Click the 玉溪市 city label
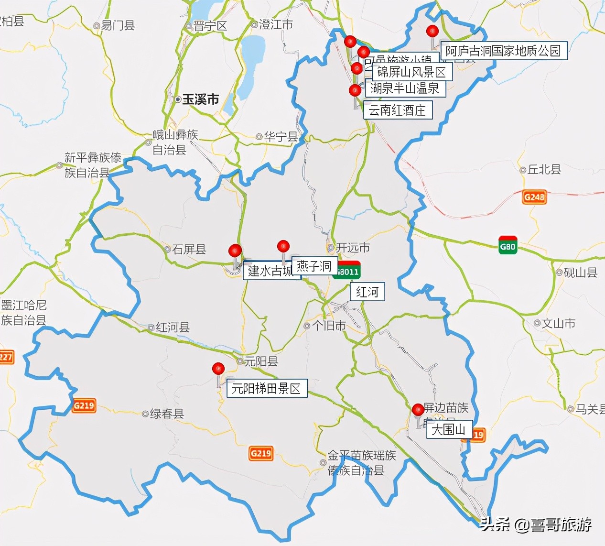coord(200,99)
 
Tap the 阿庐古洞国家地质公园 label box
coord(504,51)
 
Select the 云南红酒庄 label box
coord(397,110)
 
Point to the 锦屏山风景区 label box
coord(411,72)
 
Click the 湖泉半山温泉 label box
coord(405,88)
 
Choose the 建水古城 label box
coord(271,272)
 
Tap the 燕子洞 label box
coord(314,266)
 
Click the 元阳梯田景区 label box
coord(266,389)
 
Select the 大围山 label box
coord(448,430)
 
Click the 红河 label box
coord(367,292)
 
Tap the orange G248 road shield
coord(534,197)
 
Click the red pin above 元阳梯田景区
coord(218,369)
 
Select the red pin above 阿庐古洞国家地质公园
coord(432,31)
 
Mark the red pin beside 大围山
coord(418,410)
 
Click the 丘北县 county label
coord(543,169)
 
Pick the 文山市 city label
coord(558,324)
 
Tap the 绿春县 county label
coord(166,414)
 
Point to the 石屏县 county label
coord(188,249)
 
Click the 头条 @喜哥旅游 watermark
coord(535,524)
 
